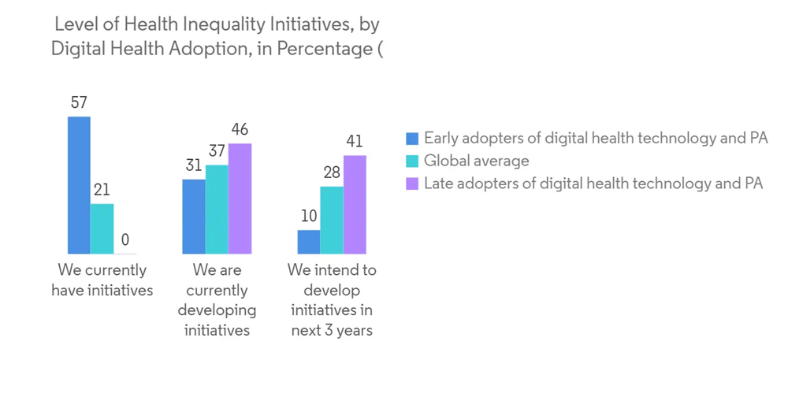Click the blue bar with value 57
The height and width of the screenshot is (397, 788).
[x=79, y=185]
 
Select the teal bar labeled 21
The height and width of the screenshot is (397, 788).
[x=102, y=228]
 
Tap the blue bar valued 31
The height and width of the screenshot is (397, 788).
[x=194, y=217]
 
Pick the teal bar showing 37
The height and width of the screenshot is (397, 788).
[x=217, y=210]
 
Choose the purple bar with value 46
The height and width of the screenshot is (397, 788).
[x=240, y=198]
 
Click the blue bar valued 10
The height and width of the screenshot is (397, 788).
[x=309, y=242]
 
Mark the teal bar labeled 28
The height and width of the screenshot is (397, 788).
[x=332, y=220]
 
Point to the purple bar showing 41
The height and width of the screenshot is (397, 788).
[x=355, y=205]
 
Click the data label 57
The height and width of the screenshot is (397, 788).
[x=78, y=102]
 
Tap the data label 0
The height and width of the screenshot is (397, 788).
[x=125, y=240]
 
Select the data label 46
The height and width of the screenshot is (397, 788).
[x=239, y=130]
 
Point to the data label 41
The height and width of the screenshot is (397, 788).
[x=355, y=142]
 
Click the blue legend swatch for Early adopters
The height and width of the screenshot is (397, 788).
[x=411, y=139]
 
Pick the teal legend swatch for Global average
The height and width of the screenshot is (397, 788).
[x=411, y=161]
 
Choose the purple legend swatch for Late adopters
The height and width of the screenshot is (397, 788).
[x=411, y=184]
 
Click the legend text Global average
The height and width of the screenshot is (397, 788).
[x=476, y=161]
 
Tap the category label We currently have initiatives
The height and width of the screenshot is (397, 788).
[x=102, y=280]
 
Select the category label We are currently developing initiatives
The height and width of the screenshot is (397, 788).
[x=217, y=300]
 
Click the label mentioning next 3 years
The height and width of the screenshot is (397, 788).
[x=332, y=300]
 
